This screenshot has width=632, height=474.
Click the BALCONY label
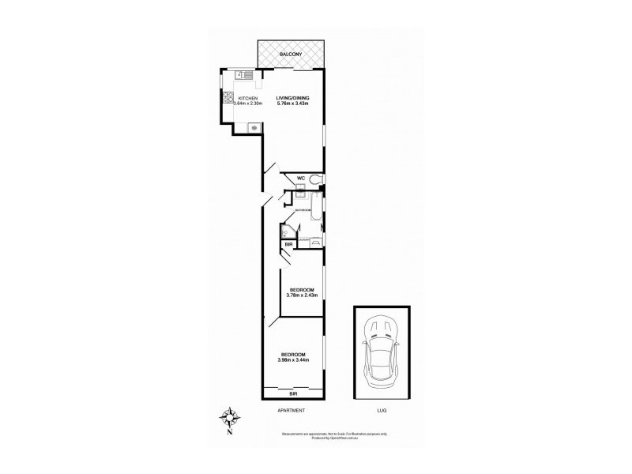pyautogui.click(x=292, y=54)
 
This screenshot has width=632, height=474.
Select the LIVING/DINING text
pyautogui.click(x=292, y=98)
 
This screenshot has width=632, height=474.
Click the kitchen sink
pyautogui.click(x=246, y=75)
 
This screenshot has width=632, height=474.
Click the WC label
pyautogui.click(x=301, y=179)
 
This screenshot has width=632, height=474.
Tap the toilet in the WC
pyautogui.click(x=316, y=179)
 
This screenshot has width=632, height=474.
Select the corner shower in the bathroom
pyautogui.click(x=287, y=231)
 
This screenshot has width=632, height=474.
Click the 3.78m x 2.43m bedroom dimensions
pyautogui.click(x=303, y=295)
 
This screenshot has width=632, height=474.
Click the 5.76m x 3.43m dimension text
pyautogui.click(x=292, y=103)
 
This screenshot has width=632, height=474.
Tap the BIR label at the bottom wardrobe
pyautogui.click(x=292, y=393)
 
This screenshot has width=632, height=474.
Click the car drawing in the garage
pyautogui.click(x=381, y=352)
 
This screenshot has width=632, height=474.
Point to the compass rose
pyautogui.click(x=230, y=416)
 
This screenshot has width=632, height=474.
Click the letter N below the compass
pyautogui.click(x=230, y=431)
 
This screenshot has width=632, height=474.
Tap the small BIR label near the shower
pyautogui.click(x=289, y=246)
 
